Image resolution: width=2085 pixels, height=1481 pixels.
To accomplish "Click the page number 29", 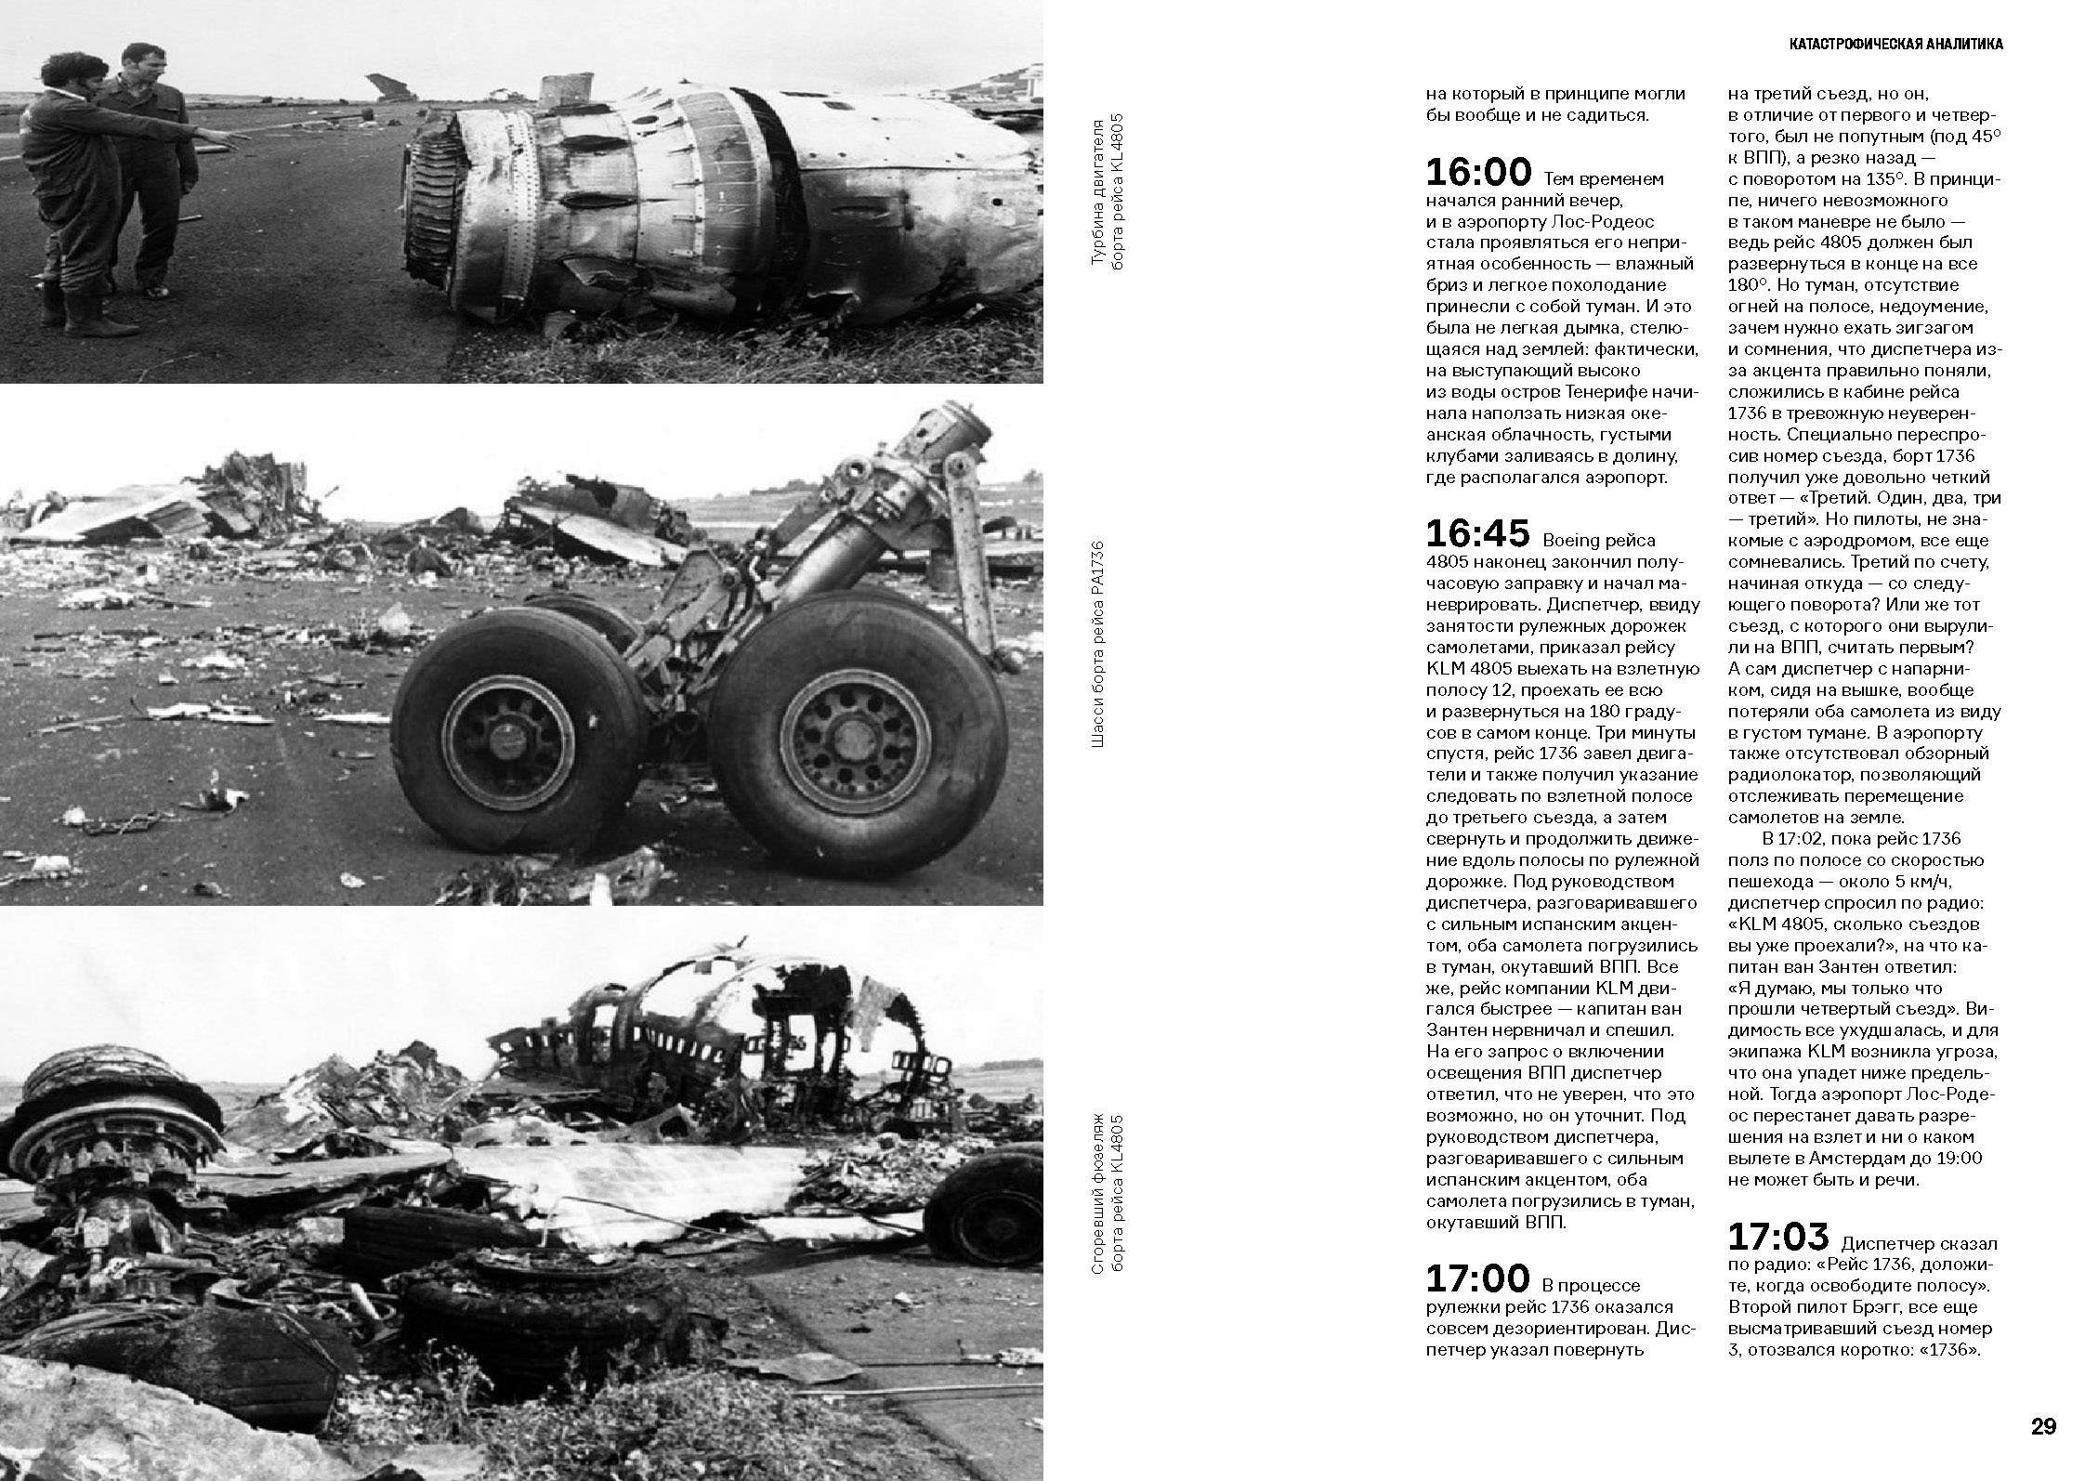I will click(2043, 1426).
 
